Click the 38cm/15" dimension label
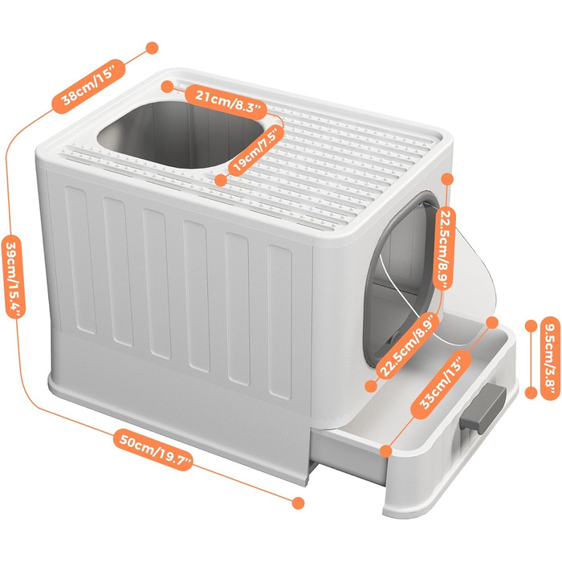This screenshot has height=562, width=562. point(89,87)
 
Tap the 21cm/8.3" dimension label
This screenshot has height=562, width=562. point(226,101)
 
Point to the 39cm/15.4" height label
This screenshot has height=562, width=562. point(15,276)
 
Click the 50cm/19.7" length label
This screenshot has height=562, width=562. point(154,449)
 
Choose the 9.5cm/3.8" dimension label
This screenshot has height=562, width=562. point(549,358)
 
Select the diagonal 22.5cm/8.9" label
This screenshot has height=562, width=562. point(409,345)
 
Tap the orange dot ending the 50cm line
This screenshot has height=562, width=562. point(298,503)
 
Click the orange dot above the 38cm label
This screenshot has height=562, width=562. point(152,47)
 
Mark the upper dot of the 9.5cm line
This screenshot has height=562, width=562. point(531,326)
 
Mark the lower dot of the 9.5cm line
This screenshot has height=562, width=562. point(531,393)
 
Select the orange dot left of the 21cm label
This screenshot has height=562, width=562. point(167,87)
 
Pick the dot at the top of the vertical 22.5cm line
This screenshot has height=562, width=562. point(447,179)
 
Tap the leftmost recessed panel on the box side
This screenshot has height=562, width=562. point(81,260)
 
